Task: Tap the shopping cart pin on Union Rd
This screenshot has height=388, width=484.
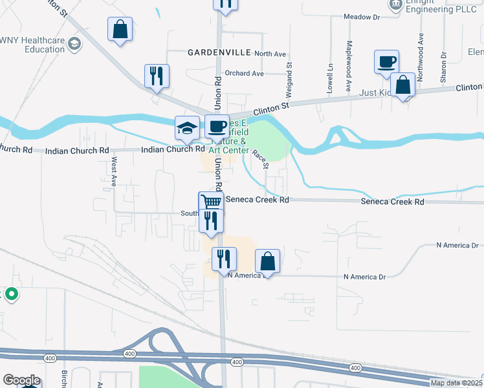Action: click(x=211, y=202)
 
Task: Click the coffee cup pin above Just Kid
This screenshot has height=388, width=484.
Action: click(x=386, y=62)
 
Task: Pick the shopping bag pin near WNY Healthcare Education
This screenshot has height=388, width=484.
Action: click(x=120, y=29)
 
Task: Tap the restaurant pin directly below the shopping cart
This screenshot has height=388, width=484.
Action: click(x=211, y=221)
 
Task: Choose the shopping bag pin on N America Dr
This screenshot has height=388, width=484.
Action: click(x=268, y=261)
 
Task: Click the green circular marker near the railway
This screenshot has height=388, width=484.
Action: click(x=11, y=295)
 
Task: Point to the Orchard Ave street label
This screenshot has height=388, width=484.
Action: click(x=245, y=74)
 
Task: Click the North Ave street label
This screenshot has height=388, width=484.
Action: click(x=270, y=54)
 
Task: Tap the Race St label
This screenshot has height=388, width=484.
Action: click(x=260, y=158)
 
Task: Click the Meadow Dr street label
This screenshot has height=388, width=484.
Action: click(x=361, y=17)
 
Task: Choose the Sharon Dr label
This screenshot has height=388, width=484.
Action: click(x=443, y=67)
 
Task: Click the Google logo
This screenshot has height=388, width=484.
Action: click(x=21, y=381)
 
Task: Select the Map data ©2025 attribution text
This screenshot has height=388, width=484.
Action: click(x=456, y=383)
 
